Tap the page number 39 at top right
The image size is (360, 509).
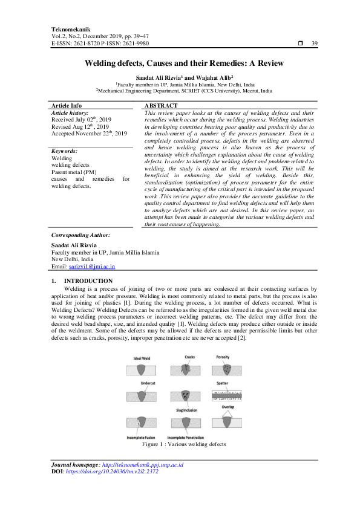pyautogui.click(x=314, y=44)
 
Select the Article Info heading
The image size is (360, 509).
pyautogui.click(x=67, y=105)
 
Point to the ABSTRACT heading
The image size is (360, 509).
pyautogui.click(x=160, y=105)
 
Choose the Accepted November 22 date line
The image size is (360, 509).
pyautogui.click(x=89, y=133)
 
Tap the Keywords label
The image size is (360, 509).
pyautogui.click(x=64, y=151)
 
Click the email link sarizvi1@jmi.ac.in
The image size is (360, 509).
pyautogui.click(x=92, y=266)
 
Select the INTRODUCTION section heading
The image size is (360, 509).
pyautogui.click(x=88, y=281)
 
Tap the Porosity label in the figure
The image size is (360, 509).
pyautogui.click(x=223, y=357)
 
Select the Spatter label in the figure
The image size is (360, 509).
pyautogui.click(x=223, y=383)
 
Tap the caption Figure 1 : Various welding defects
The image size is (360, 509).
pyautogui.click(x=184, y=444)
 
